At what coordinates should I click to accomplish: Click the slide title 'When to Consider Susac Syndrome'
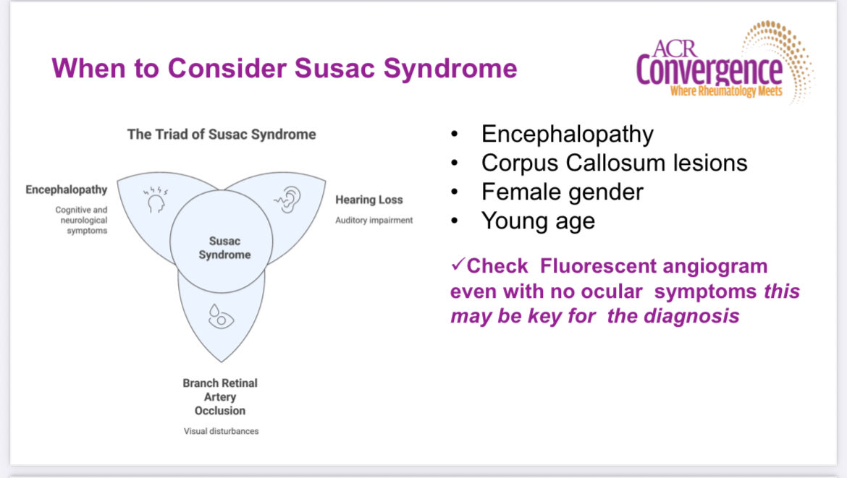[284, 69]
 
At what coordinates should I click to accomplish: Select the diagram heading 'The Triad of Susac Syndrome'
[222, 134]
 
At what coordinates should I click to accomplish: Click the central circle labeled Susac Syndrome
[222, 247]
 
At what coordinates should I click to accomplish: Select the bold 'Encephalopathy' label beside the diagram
[67, 189]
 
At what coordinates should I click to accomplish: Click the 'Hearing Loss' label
[368, 200]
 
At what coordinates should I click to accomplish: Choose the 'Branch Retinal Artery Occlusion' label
[220, 396]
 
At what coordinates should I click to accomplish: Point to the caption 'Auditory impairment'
[374, 220]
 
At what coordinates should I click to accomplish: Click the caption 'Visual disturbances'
[220, 431]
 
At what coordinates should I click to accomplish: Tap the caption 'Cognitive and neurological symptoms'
[80, 220]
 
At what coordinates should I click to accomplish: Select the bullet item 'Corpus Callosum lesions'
[614, 163]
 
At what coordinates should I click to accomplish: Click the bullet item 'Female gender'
[562, 192]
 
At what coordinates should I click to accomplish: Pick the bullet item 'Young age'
[538, 221]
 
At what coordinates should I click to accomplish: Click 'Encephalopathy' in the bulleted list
[567, 134]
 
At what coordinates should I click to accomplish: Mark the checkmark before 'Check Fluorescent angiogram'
[457, 265]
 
